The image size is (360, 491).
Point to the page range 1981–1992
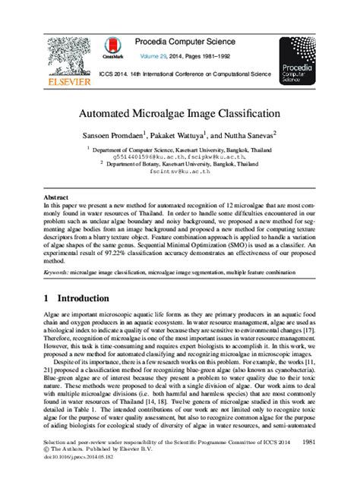tap(232, 56)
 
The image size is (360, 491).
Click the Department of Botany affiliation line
tap(181, 163)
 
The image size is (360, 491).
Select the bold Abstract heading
tap(55, 196)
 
